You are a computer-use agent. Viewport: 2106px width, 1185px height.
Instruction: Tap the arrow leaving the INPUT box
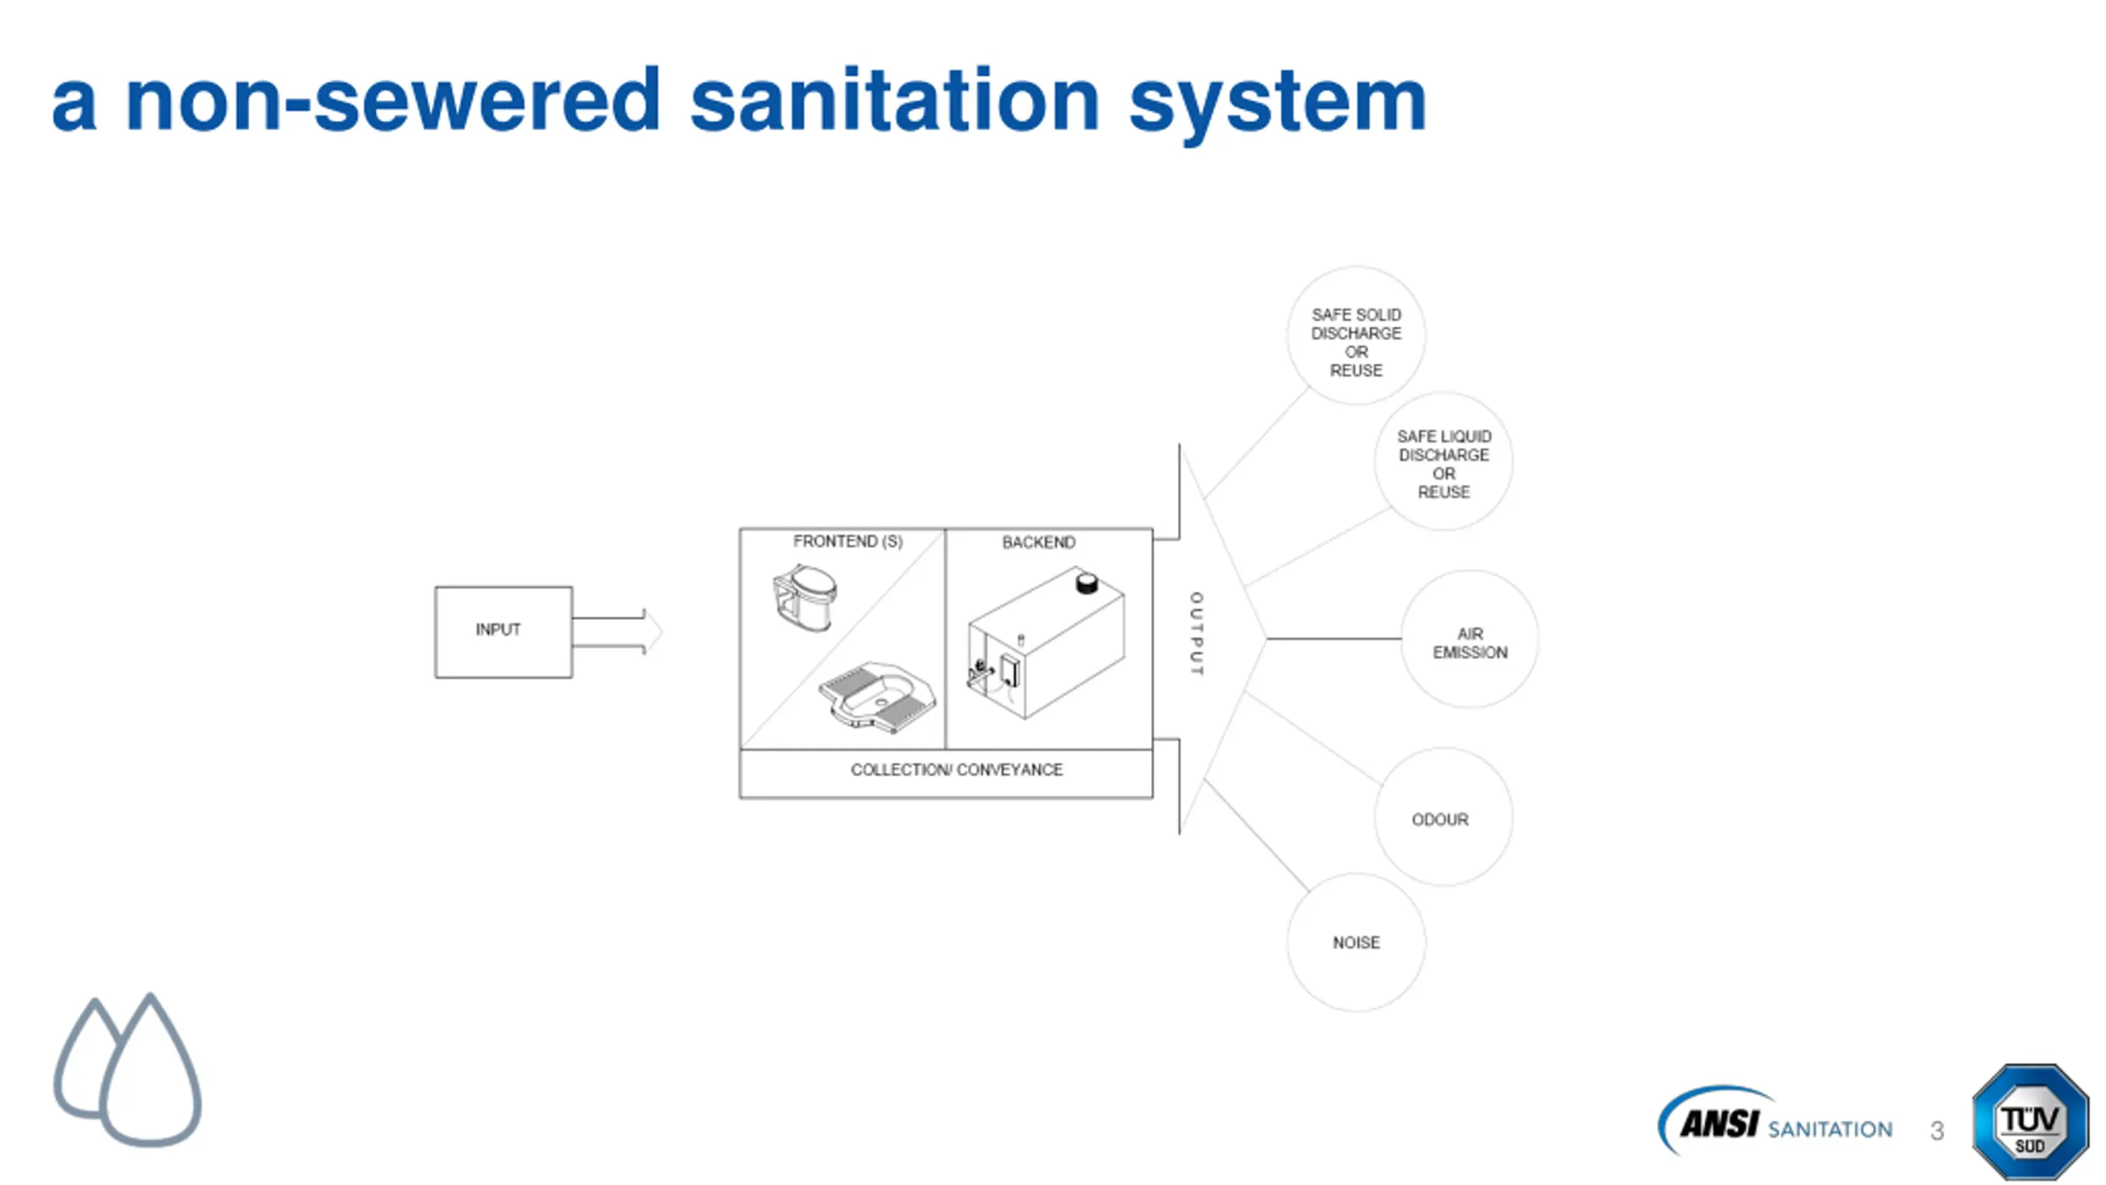(617, 632)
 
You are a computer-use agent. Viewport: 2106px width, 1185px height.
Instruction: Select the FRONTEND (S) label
(847, 541)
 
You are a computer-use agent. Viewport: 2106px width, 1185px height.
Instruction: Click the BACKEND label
(1038, 542)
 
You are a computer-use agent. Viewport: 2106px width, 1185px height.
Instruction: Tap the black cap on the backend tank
(1087, 583)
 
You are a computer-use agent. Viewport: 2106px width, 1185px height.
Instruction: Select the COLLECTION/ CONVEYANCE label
(957, 769)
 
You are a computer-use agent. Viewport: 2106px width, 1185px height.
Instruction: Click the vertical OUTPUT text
(1196, 634)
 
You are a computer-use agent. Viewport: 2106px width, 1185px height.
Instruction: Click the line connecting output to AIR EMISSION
(1334, 638)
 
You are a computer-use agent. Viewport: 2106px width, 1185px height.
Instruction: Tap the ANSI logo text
(1719, 1124)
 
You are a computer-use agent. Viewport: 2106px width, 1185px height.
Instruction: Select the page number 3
(1937, 1131)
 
